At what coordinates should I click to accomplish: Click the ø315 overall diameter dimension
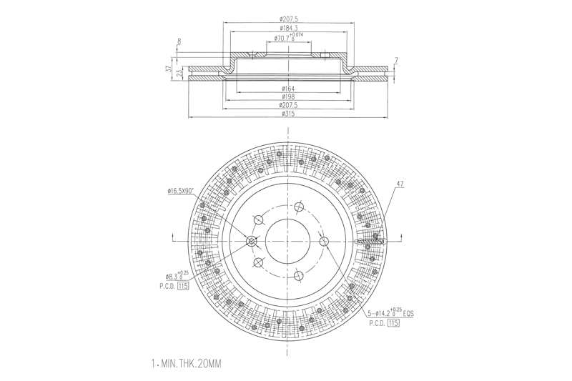click(288, 114)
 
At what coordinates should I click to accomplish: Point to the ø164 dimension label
click(288, 89)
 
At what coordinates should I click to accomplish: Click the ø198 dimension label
click(288, 97)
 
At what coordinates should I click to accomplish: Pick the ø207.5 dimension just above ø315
click(288, 105)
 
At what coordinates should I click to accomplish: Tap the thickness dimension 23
click(179, 72)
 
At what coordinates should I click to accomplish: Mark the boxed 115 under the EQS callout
click(393, 323)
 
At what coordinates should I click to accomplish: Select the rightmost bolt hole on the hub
click(323, 240)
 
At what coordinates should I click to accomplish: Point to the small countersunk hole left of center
click(252, 241)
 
